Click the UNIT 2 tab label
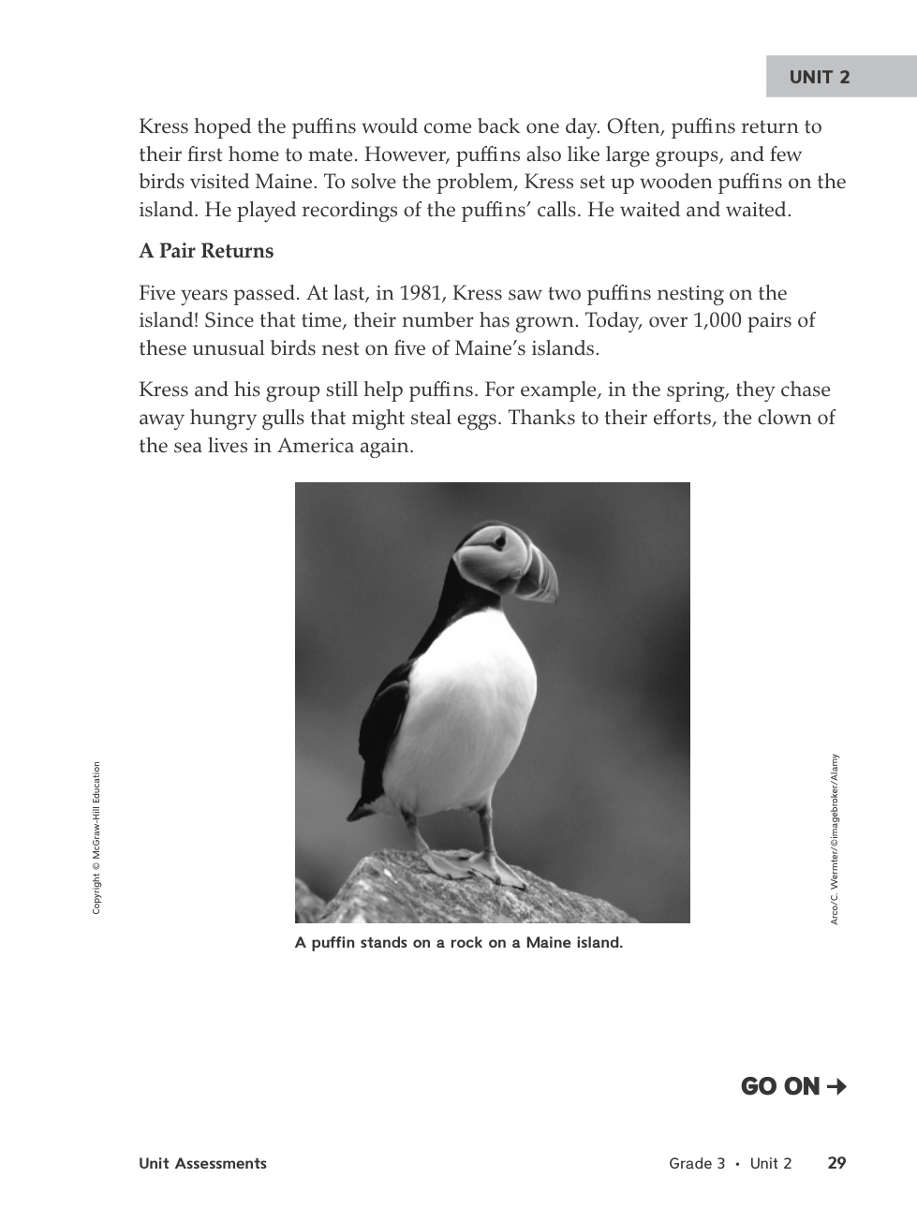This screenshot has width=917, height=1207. tap(820, 78)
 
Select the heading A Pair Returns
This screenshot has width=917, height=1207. tap(206, 251)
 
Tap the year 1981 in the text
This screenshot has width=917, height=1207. tap(421, 293)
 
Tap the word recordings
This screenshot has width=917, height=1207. tap(351, 210)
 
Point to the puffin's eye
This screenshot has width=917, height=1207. tap(500, 540)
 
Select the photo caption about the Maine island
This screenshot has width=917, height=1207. tap(458, 943)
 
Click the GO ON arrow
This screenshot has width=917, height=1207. tap(837, 1086)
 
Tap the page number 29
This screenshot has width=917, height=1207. tap(836, 1163)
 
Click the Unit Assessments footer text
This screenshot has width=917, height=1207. tap(202, 1164)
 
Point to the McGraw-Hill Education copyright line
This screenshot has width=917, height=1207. tap(96, 838)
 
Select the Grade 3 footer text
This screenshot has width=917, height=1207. tap(697, 1164)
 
